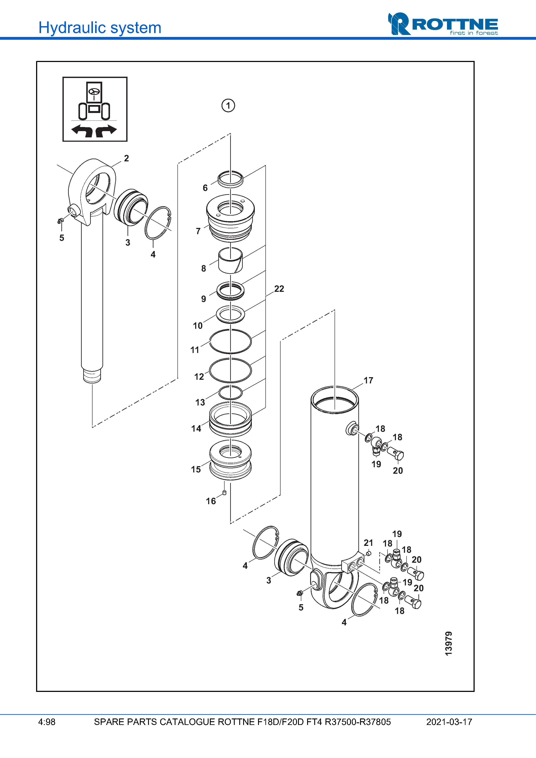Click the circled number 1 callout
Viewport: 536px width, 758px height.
point(228,106)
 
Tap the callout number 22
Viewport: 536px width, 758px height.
point(279,289)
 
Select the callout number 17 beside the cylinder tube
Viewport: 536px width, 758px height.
point(368,380)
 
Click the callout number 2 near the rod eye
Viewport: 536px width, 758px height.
point(126,158)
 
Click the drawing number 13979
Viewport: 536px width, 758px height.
point(448,644)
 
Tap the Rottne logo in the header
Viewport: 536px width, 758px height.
point(443,24)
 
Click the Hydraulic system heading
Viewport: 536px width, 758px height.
point(100,28)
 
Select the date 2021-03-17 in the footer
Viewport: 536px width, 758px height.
point(449,722)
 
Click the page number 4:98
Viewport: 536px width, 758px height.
point(47,722)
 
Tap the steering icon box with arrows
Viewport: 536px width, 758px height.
point(95,109)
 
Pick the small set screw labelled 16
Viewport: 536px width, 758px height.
point(224,493)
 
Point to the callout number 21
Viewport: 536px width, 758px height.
point(368,543)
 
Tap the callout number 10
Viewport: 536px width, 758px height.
point(198,326)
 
